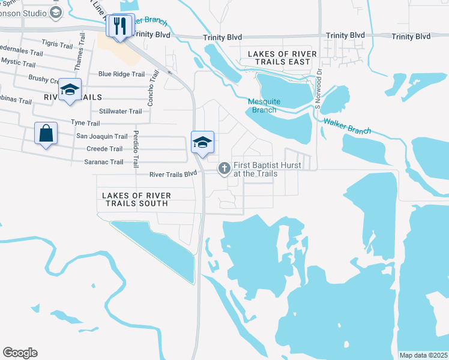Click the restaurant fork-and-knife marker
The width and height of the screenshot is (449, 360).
119,26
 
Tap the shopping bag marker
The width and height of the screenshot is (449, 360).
46,133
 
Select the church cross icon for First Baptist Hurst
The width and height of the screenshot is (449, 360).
224,169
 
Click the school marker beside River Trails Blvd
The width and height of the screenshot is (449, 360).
203,143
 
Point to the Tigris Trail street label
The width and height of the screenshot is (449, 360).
56,43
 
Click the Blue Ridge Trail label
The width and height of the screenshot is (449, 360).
122,74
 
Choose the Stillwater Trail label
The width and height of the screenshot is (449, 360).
121,111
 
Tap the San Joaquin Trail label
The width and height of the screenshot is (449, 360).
102,136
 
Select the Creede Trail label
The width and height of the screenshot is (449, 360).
104,149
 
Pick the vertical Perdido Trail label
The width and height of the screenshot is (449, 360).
136,149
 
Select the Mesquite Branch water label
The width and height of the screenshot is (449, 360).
264,106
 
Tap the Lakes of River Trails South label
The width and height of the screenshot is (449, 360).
136,200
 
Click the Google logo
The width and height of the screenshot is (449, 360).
20,353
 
